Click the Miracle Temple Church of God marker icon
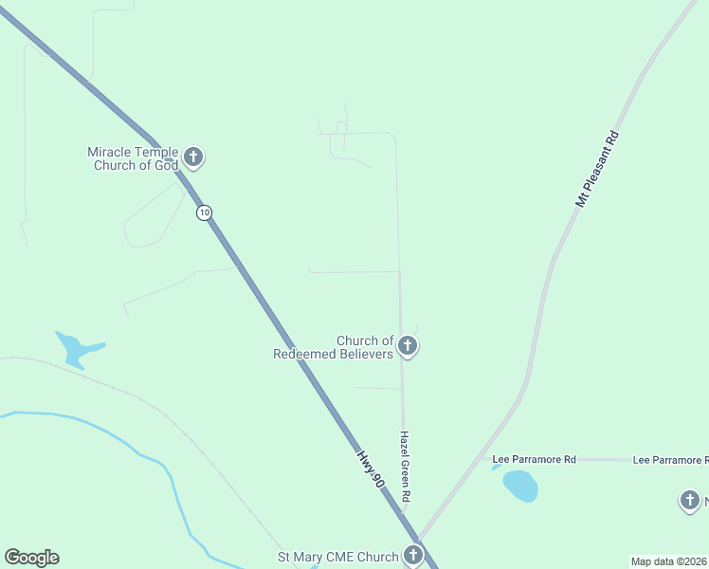193,156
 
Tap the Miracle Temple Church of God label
133,158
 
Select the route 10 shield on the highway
204,212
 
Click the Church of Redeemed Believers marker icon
408,346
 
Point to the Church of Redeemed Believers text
334,347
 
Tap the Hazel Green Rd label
405,467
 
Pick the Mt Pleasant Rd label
596,169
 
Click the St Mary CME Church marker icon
413,556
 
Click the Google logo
31,558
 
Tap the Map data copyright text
669,561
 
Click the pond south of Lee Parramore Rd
520,486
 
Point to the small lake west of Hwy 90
74,349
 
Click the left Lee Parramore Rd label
534,459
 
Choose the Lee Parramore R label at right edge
669,459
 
